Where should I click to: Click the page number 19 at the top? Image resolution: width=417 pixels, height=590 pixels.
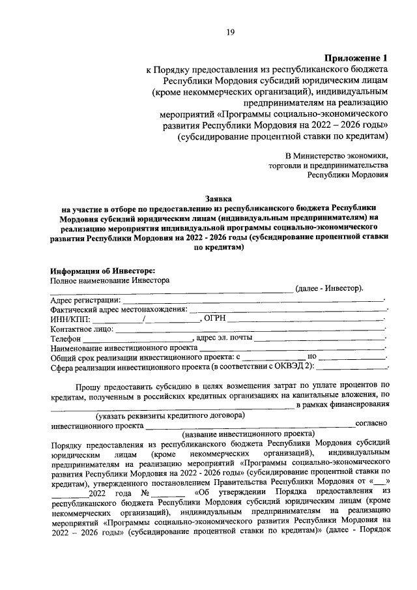230,33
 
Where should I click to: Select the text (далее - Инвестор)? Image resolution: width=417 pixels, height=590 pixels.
329,289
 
